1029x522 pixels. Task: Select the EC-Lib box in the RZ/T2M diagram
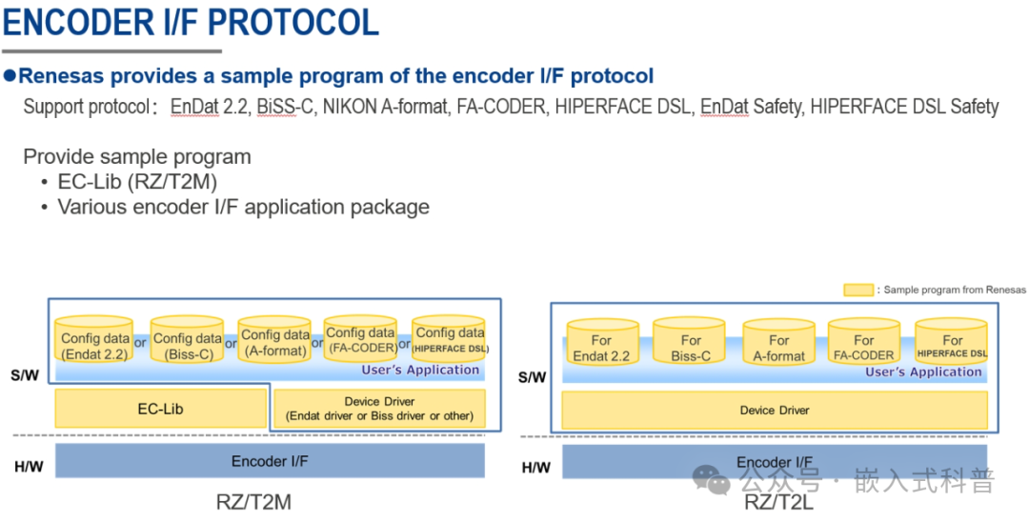click(x=160, y=409)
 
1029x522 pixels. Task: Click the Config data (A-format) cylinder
click(x=274, y=342)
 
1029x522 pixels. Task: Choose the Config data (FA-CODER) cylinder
click(x=360, y=340)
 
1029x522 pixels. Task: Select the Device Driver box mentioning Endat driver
click(x=379, y=409)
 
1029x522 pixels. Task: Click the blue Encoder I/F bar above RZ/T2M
click(x=270, y=461)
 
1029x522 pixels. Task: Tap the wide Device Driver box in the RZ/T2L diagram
click(x=774, y=411)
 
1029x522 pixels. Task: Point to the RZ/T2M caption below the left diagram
click(x=253, y=502)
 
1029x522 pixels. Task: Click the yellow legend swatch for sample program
click(x=858, y=290)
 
